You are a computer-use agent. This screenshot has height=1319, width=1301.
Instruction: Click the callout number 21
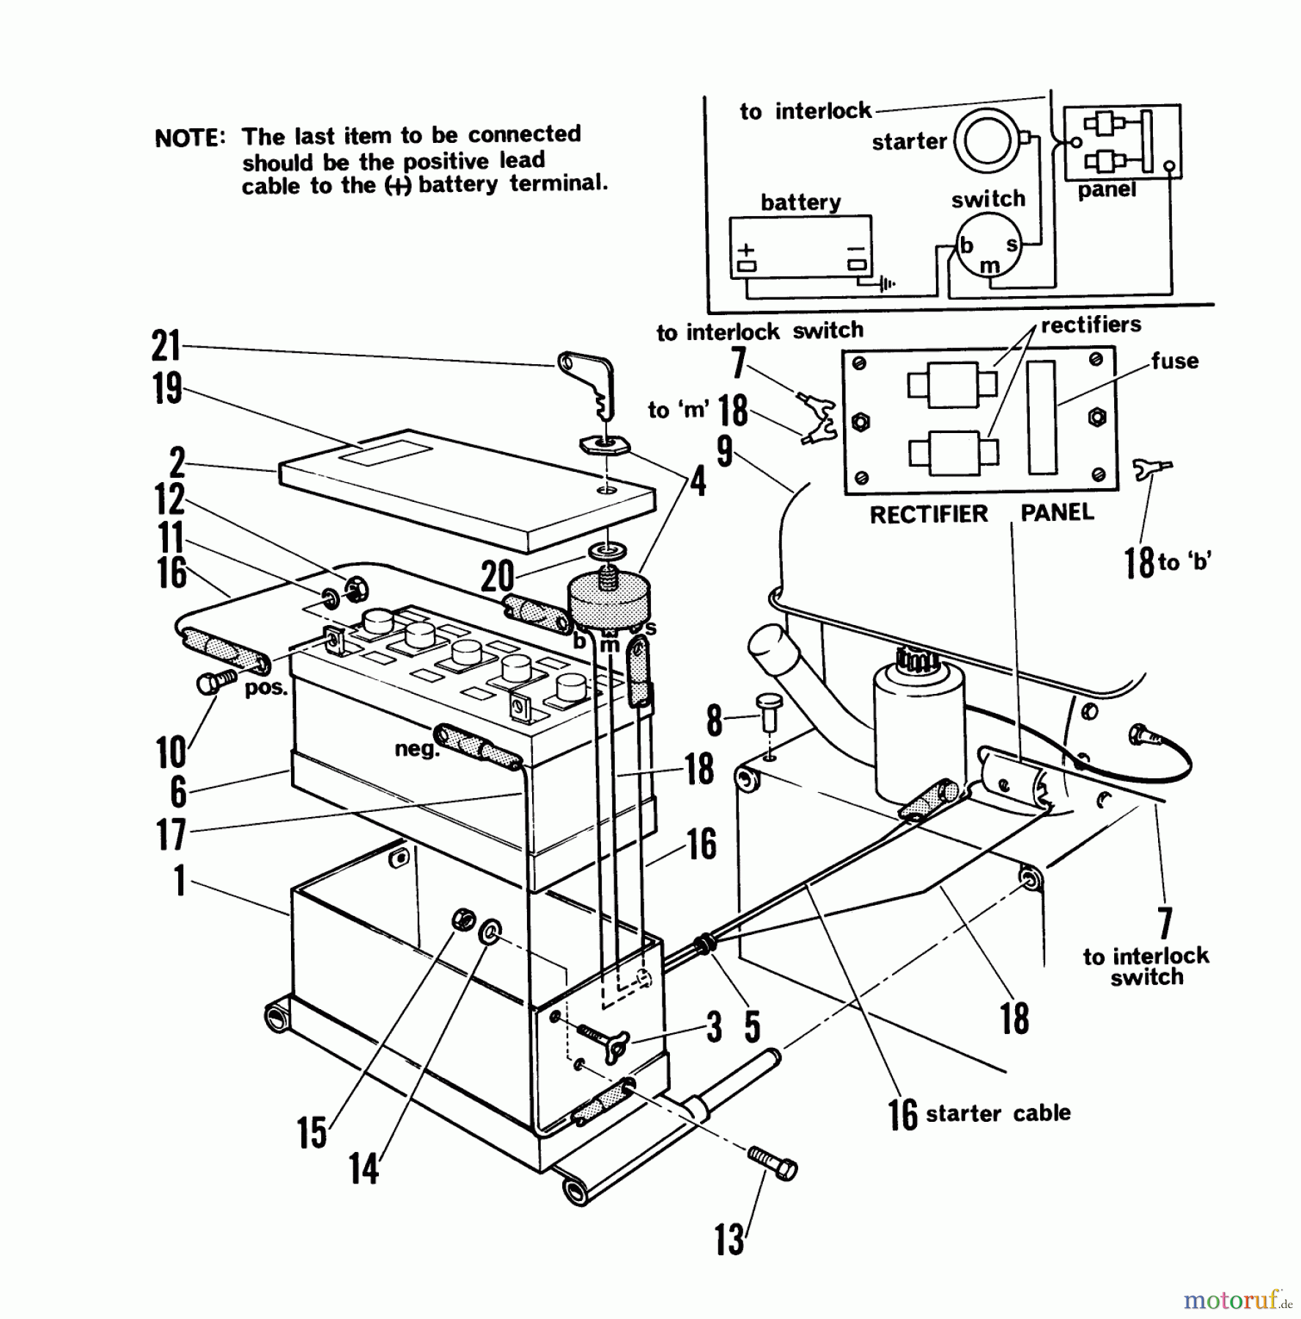(166, 345)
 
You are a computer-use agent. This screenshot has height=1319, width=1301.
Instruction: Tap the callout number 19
(167, 388)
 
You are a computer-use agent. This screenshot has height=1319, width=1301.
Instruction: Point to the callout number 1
(179, 880)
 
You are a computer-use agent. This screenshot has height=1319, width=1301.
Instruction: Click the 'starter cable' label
(998, 1113)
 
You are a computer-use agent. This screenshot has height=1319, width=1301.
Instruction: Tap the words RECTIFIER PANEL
(981, 514)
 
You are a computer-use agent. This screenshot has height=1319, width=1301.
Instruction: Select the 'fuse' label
(1174, 361)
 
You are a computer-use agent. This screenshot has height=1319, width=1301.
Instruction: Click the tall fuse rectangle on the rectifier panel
(1042, 417)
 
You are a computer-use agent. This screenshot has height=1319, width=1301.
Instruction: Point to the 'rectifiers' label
(1091, 325)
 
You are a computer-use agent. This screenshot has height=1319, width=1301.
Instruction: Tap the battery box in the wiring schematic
(800, 247)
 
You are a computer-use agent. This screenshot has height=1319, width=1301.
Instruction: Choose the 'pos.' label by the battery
(265, 689)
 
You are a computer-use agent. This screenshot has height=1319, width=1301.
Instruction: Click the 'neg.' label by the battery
(416, 749)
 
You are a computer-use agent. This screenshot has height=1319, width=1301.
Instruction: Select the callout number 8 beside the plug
(713, 720)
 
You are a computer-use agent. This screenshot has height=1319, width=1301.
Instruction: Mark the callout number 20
(497, 577)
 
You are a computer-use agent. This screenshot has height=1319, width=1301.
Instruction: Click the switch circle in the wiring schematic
(989, 245)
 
